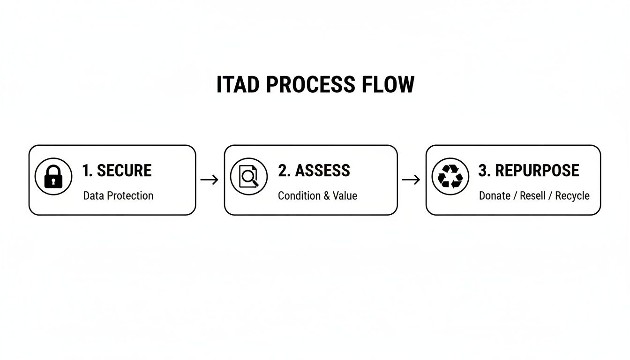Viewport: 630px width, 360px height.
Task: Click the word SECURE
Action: click(x=124, y=171)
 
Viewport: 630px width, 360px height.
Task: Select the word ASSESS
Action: click(x=322, y=171)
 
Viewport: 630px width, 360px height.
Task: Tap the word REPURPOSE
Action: click(x=537, y=171)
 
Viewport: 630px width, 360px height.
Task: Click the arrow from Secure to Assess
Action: click(x=210, y=180)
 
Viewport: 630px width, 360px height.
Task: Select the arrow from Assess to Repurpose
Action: click(x=411, y=180)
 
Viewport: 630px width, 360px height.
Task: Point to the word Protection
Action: click(x=130, y=195)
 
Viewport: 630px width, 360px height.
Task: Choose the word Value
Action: click(x=345, y=195)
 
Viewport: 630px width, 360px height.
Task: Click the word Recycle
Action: click(x=572, y=195)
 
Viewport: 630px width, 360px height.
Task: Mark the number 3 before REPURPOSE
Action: click(x=482, y=171)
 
